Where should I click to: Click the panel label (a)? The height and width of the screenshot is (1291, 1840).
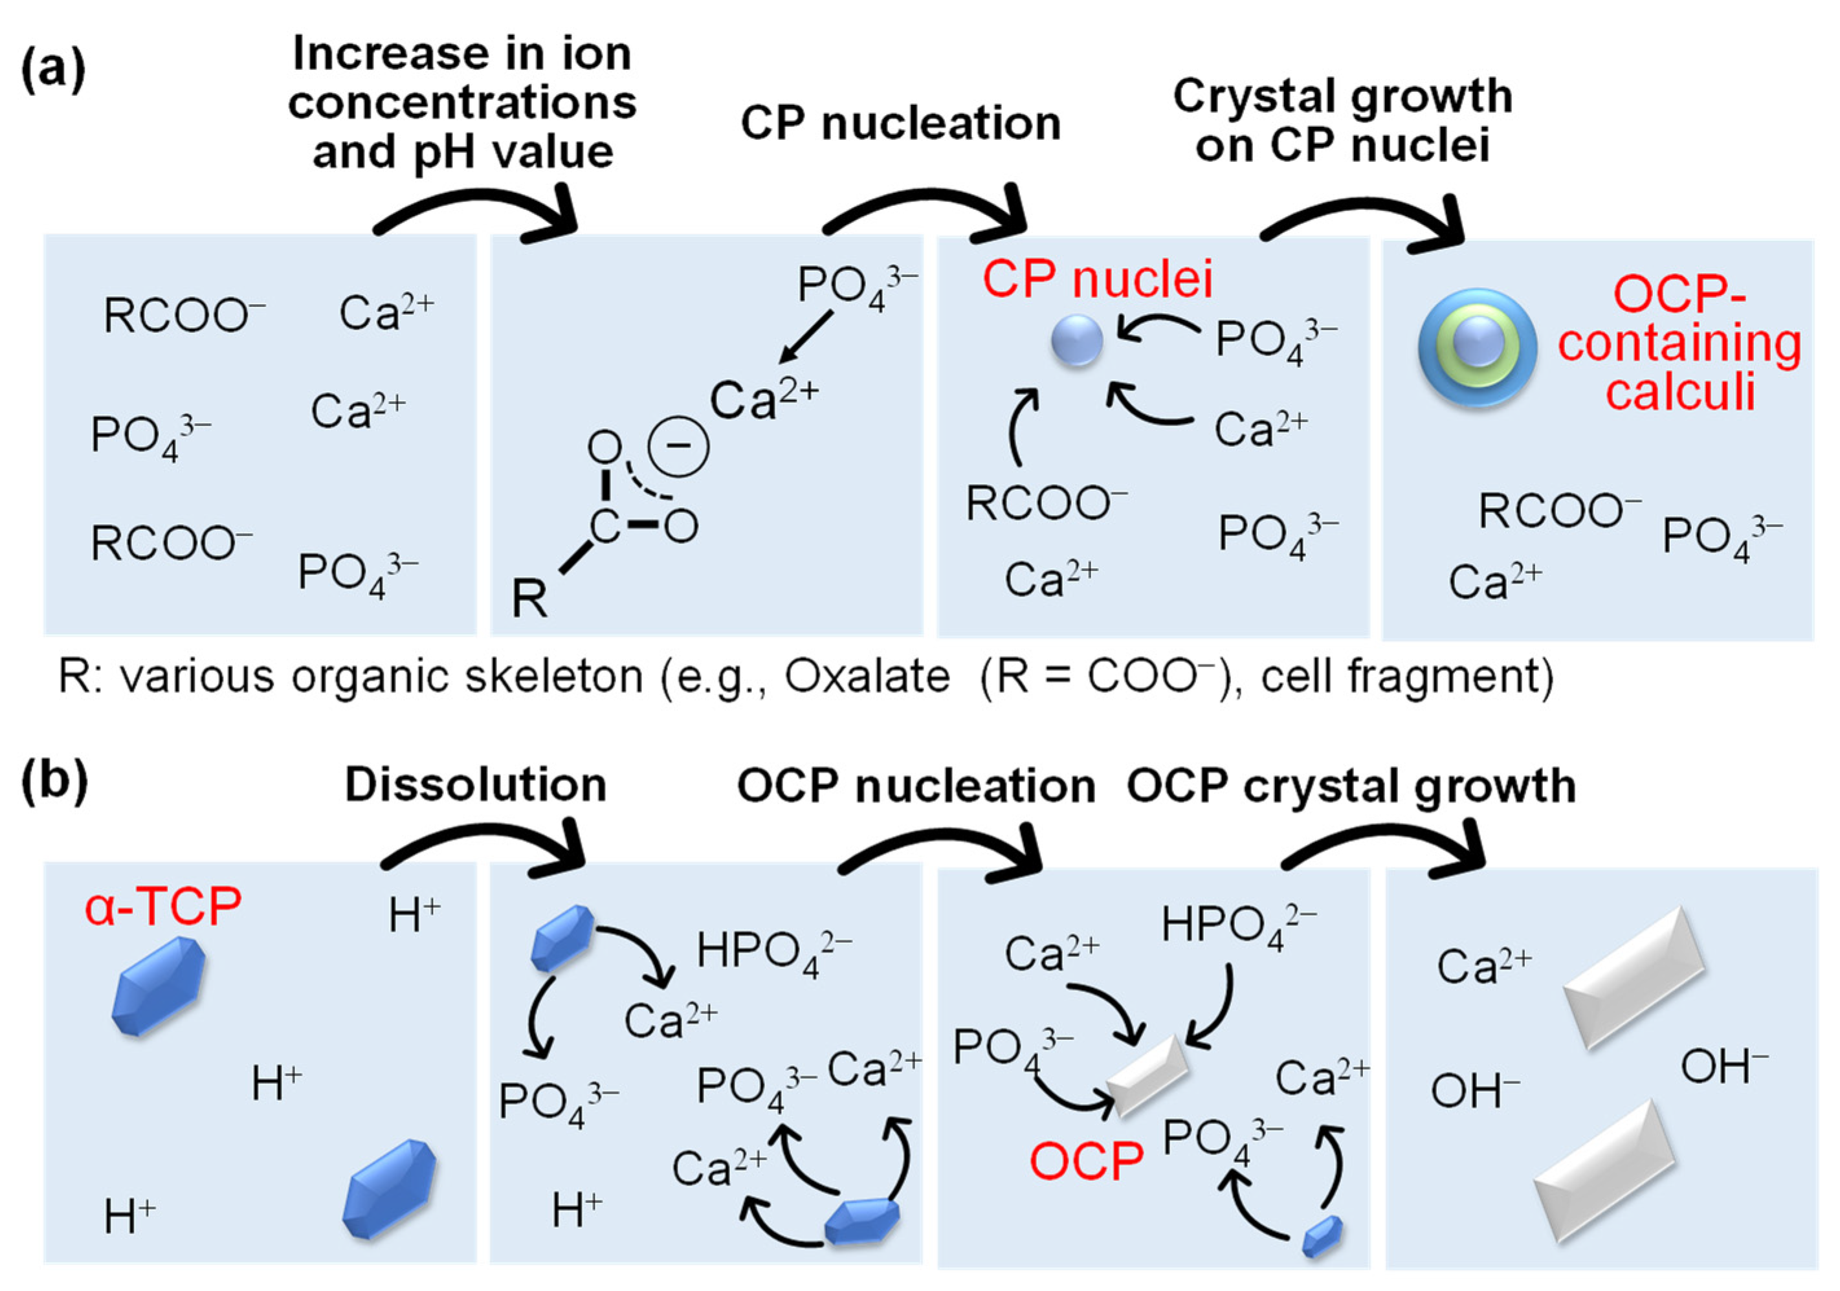pyautogui.click(x=53, y=71)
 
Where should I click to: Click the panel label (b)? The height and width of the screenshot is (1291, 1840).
pyautogui.click(x=54, y=781)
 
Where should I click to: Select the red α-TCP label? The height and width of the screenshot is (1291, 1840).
pyautogui.click(x=162, y=907)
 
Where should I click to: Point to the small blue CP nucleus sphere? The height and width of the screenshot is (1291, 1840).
pyautogui.click(x=1076, y=340)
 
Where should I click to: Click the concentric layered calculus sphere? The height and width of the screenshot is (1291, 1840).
pyautogui.click(x=1477, y=347)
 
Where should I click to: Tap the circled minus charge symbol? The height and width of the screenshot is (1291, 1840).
pyautogui.click(x=678, y=446)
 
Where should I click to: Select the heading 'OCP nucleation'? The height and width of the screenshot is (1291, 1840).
pyautogui.click(x=916, y=786)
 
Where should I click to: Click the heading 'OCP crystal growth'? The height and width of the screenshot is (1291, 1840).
pyautogui.click(x=1351, y=786)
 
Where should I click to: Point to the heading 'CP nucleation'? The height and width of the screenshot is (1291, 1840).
pyautogui.click(x=901, y=124)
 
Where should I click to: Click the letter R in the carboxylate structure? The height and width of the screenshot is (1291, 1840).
pyautogui.click(x=529, y=599)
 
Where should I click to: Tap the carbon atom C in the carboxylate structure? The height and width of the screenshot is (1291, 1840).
pyautogui.click(x=605, y=527)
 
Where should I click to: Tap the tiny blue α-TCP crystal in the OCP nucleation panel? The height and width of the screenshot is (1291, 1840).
pyautogui.click(x=1322, y=1237)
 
